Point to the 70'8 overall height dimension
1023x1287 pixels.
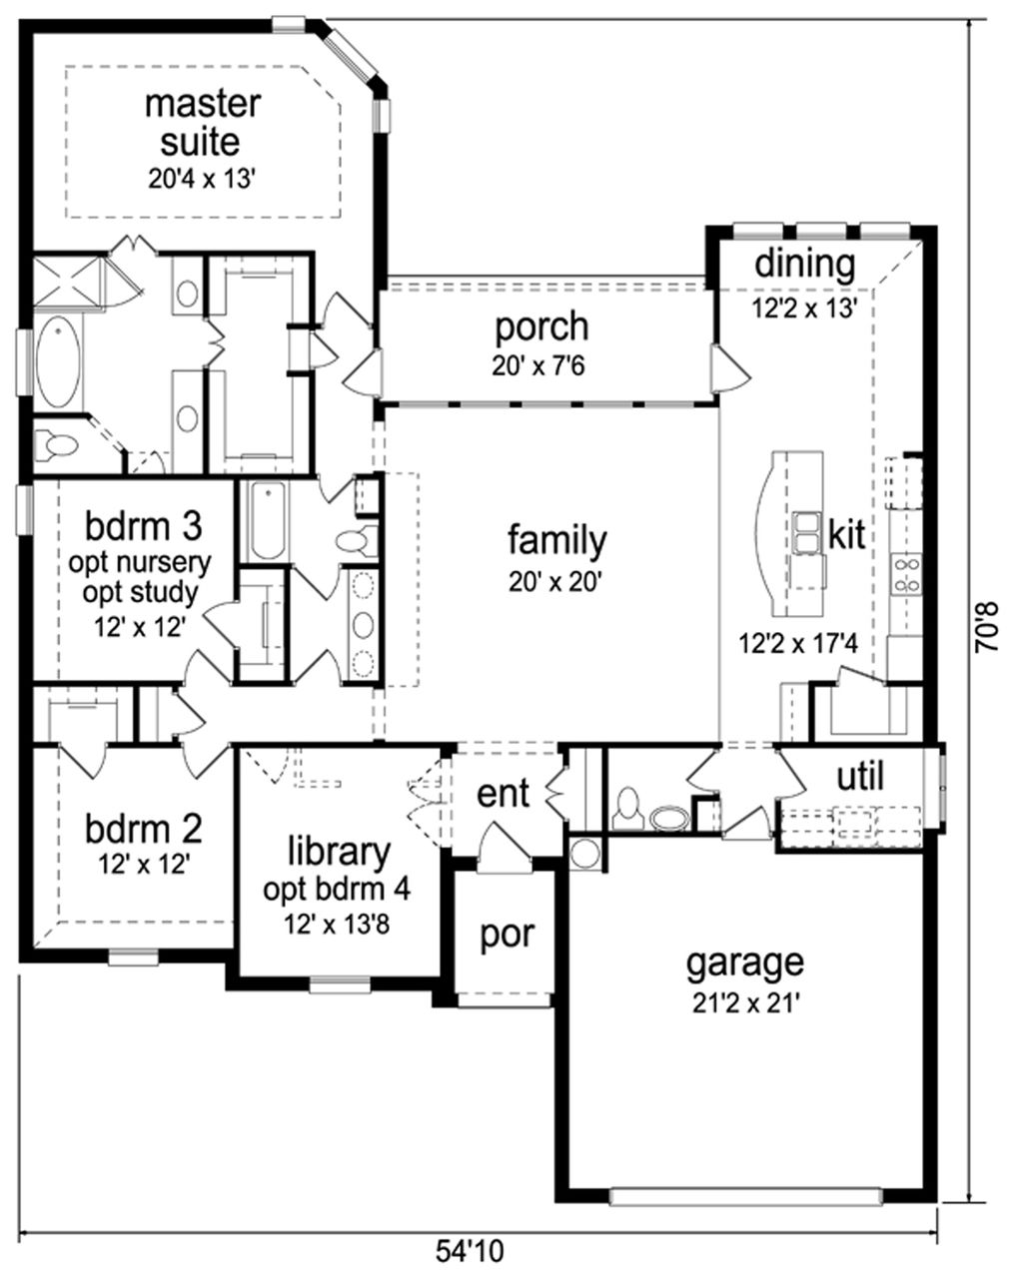(x=988, y=626)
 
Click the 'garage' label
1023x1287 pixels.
(x=744, y=963)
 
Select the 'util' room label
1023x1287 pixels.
(x=859, y=777)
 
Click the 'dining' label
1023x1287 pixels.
(x=804, y=266)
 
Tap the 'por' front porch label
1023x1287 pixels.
(x=507, y=936)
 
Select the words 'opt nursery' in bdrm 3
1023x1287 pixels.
(x=140, y=562)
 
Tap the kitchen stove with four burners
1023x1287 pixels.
(x=908, y=576)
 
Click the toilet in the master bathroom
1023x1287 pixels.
(x=59, y=443)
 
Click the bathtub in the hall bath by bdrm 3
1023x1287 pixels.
(x=264, y=520)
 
